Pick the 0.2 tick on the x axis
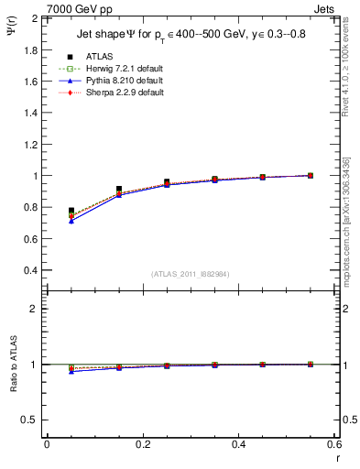(142, 443)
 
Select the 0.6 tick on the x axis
(333, 443)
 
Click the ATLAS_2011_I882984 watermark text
(191, 274)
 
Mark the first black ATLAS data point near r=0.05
(71, 211)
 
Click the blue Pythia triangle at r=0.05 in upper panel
(71, 221)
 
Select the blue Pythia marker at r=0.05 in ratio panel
(71, 371)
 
